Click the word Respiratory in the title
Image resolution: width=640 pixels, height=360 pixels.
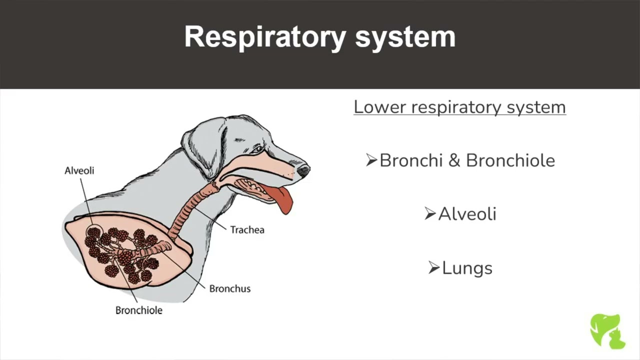(265, 37)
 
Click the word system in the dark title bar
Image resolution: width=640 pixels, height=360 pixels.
(405, 37)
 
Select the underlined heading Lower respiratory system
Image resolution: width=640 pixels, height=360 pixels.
(459, 107)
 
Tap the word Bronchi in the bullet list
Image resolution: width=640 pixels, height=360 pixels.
(411, 160)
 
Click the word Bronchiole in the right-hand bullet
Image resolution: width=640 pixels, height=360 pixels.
(510, 160)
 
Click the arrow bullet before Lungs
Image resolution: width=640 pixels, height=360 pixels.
(434, 267)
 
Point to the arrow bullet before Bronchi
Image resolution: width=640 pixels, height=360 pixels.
(371, 160)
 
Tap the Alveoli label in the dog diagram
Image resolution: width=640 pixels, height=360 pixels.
(79, 170)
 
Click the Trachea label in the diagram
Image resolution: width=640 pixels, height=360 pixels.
(247, 229)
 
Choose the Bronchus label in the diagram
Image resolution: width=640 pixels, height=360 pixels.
(229, 288)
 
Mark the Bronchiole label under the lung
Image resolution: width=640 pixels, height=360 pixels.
(139, 310)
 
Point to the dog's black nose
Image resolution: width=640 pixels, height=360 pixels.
(303, 170)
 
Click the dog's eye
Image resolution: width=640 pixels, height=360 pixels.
(257, 149)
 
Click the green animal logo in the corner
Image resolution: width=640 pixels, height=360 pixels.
(607, 331)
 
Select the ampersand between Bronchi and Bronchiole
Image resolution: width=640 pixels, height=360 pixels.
(454, 160)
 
